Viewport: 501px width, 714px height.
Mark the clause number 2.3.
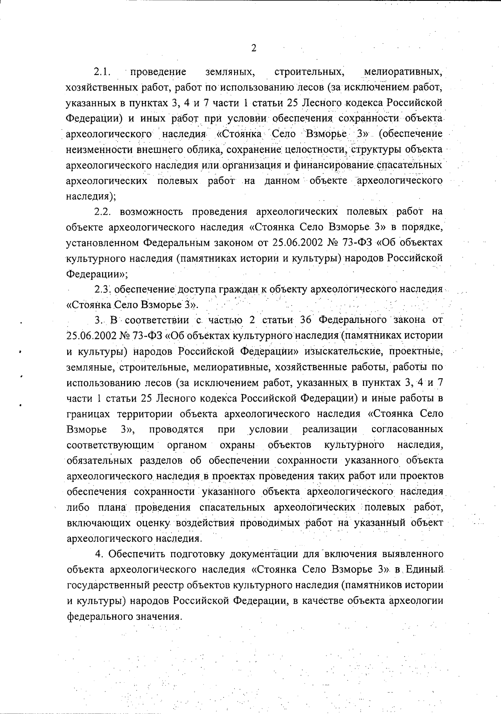point(103,289)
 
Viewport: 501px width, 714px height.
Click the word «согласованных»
point(407,429)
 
